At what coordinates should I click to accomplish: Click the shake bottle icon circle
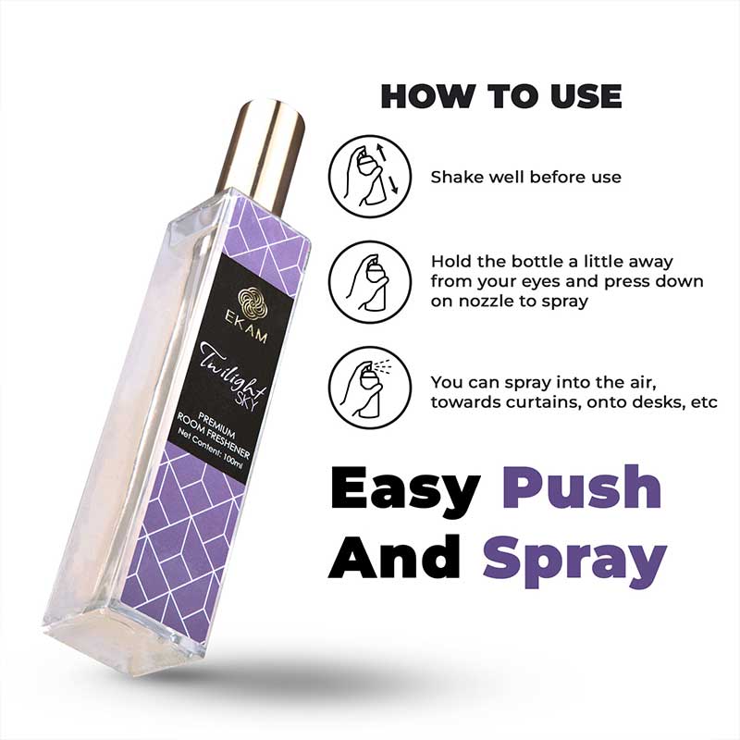[x=370, y=177]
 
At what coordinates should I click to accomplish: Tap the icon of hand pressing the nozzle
[x=370, y=282]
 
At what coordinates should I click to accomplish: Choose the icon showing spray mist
[x=370, y=388]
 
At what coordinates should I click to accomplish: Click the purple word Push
[x=581, y=487]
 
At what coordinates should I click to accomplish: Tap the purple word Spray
[x=573, y=561]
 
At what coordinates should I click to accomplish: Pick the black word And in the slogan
[x=394, y=557]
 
